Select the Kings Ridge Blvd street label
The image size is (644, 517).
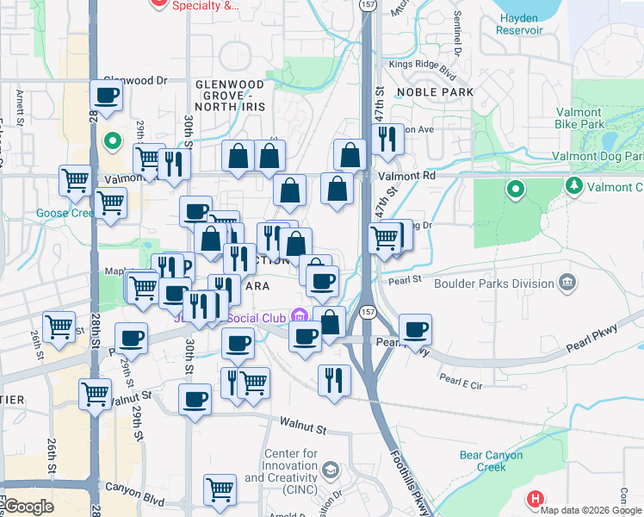(422, 64)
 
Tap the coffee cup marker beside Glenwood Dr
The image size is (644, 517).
(107, 97)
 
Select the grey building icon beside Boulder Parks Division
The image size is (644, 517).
(567, 282)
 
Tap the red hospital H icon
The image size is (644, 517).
(535, 498)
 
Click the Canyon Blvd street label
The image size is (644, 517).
(134, 487)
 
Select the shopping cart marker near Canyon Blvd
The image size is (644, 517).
(220, 489)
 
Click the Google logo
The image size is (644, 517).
(28, 507)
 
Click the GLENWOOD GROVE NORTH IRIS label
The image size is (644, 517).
(229, 95)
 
